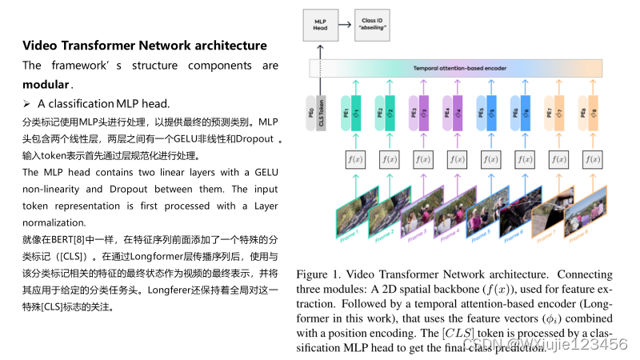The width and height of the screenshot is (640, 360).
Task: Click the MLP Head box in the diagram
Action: point(320,24)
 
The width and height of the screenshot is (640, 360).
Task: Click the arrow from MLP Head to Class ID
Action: point(345,24)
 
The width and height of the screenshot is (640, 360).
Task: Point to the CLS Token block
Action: point(320,110)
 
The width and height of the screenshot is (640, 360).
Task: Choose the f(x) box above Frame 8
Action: point(593,160)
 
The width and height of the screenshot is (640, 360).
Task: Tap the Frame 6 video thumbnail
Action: point(523,212)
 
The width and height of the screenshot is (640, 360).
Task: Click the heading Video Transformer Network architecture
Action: point(144,45)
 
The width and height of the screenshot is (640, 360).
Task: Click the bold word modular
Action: point(46,84)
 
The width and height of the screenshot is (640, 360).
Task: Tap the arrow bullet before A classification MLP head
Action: point(26,104)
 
